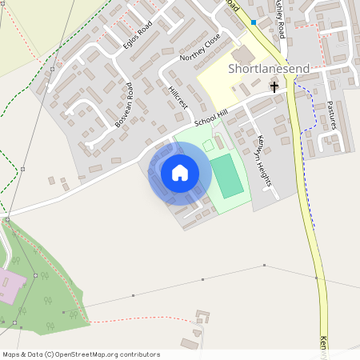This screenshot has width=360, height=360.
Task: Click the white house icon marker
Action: click(180, 172)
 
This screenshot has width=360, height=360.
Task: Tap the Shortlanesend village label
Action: click(269, 70)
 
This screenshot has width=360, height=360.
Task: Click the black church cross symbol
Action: click(274, 86)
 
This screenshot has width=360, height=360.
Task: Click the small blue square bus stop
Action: click(254, 22)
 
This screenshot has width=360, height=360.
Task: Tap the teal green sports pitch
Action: click(226, 176)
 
